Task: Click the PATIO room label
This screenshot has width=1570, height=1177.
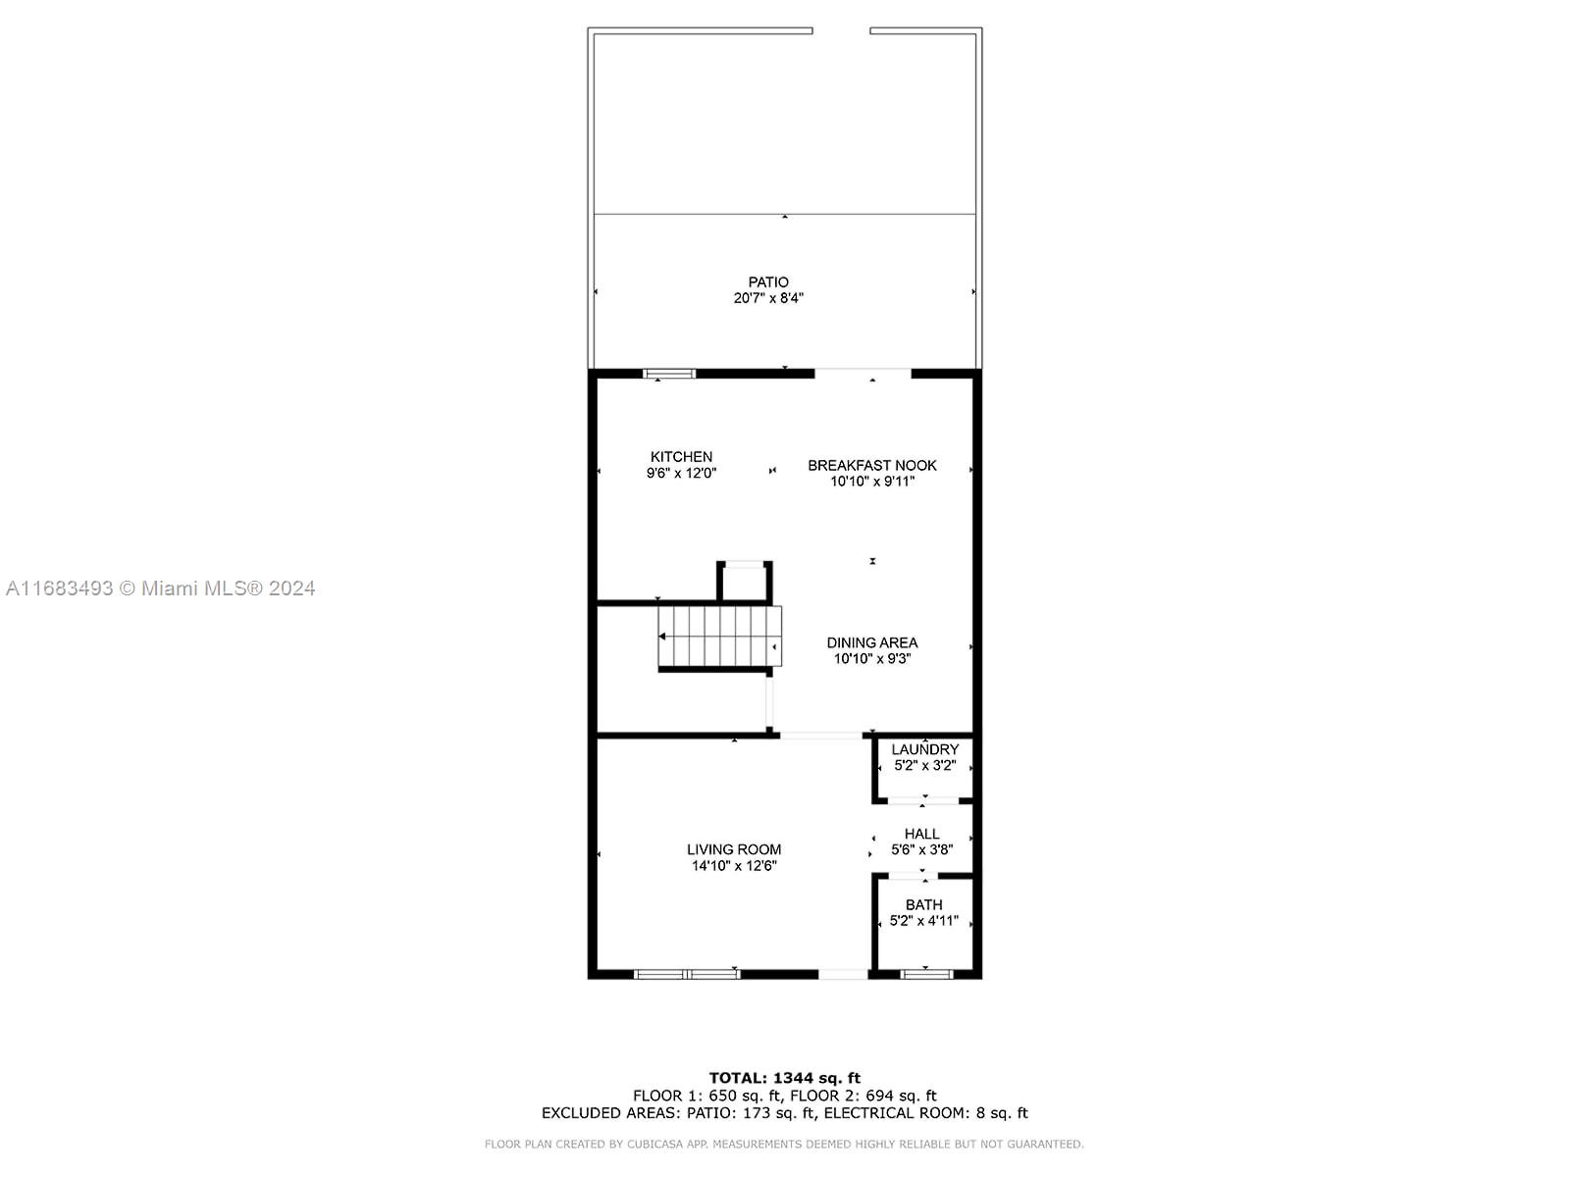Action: click(x=768, y=282)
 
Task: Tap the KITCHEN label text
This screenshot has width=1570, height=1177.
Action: click(x=681, y=457)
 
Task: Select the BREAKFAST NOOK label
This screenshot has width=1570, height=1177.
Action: click(x=872, y=465)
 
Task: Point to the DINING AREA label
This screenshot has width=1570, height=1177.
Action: click(x=872, y=642)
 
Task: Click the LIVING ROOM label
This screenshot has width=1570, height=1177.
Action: click(x=734, y=849)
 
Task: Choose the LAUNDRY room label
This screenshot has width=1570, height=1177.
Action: click(x=925, y=749)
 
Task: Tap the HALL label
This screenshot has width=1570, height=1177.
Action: click(x=922, y=834)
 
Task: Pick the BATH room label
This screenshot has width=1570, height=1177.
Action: click(x=924, y=904)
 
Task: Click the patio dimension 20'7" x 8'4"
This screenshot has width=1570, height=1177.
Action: click(x=768, y=298)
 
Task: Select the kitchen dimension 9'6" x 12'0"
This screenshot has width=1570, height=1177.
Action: click(x=681, y=473)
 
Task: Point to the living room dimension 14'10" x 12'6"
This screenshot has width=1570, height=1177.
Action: click(x=734, y=865)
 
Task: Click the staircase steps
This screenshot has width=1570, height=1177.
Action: click(x=719, y=636)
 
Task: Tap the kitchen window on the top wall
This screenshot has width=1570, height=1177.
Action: click(x=669, y=373)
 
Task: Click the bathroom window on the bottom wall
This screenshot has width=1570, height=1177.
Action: click(x=926, y=973)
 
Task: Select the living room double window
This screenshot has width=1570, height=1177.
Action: click(x=687, y=973)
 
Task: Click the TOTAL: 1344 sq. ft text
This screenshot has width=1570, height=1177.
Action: click(x=785, y=1078)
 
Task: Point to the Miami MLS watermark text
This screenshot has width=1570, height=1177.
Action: click(x=160, y=588)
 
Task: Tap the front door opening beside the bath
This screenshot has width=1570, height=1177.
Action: click(x=843, y=974)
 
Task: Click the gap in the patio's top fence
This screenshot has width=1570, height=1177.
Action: click(x=841, y=30)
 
